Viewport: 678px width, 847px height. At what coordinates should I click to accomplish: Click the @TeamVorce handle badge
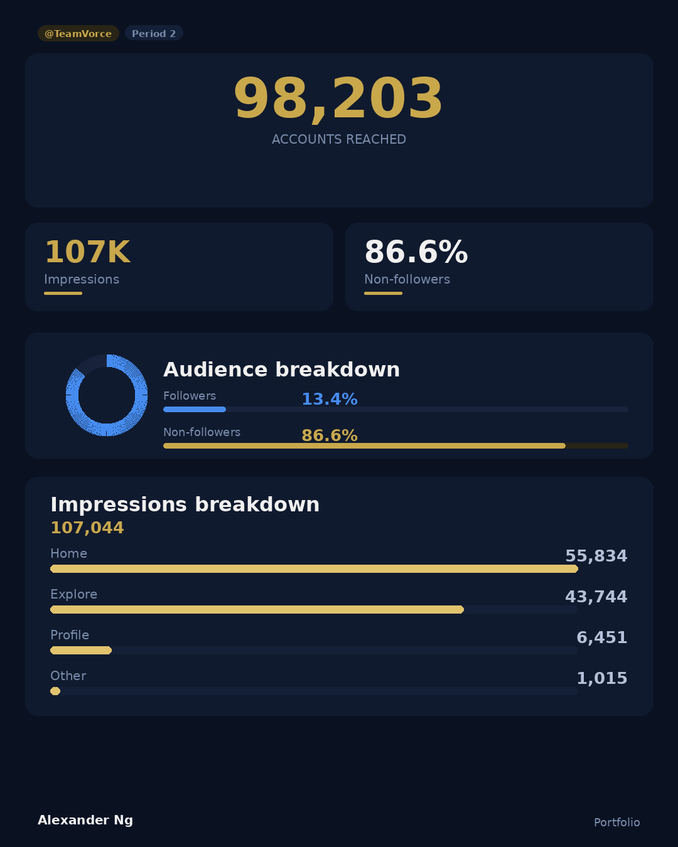78,33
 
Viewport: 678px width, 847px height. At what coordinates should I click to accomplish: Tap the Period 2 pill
154,33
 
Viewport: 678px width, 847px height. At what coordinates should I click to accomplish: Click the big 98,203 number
338,99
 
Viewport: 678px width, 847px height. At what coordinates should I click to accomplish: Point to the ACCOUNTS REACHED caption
338,139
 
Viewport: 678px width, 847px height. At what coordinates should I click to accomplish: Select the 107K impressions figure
87,252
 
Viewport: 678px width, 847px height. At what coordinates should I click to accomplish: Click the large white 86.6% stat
416,252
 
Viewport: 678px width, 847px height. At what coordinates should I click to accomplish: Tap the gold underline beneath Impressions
63,293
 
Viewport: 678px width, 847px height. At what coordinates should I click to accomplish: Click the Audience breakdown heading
281,370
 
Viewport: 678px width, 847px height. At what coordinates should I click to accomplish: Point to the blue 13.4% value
329,399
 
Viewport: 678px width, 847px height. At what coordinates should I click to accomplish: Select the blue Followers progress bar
195,409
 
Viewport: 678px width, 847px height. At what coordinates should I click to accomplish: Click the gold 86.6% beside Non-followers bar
329,435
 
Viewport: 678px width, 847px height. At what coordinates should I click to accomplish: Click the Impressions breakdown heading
185,504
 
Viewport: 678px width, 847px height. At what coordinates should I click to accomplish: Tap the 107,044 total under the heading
87,528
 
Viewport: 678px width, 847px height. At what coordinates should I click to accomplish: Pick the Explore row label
73,594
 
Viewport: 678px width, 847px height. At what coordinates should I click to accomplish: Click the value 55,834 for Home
596,556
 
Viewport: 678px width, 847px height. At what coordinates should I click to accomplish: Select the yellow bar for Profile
81,650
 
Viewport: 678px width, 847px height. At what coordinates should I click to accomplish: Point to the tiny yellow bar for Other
55,691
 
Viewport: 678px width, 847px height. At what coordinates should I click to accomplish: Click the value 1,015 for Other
601,678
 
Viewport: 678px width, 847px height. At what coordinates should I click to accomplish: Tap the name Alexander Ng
85,820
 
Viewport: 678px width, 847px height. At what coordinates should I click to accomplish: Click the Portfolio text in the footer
616,823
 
